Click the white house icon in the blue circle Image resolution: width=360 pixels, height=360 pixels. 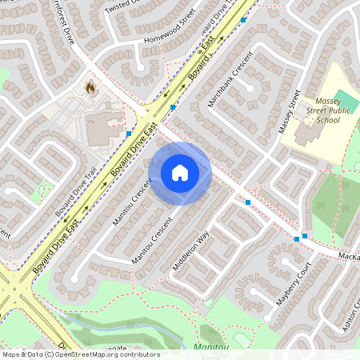click(180, 173)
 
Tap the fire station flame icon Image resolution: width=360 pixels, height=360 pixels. click(90, 87)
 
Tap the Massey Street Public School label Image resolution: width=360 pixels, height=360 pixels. click(317, 109)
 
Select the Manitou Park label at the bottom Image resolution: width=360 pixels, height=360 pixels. click(211, 348)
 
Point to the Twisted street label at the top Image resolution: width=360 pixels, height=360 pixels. click(125, 3)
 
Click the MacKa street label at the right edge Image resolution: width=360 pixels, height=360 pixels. click(349, 257)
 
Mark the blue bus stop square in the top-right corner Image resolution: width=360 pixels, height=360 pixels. click(243, 19)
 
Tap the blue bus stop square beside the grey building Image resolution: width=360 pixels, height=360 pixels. click(129, 134)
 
